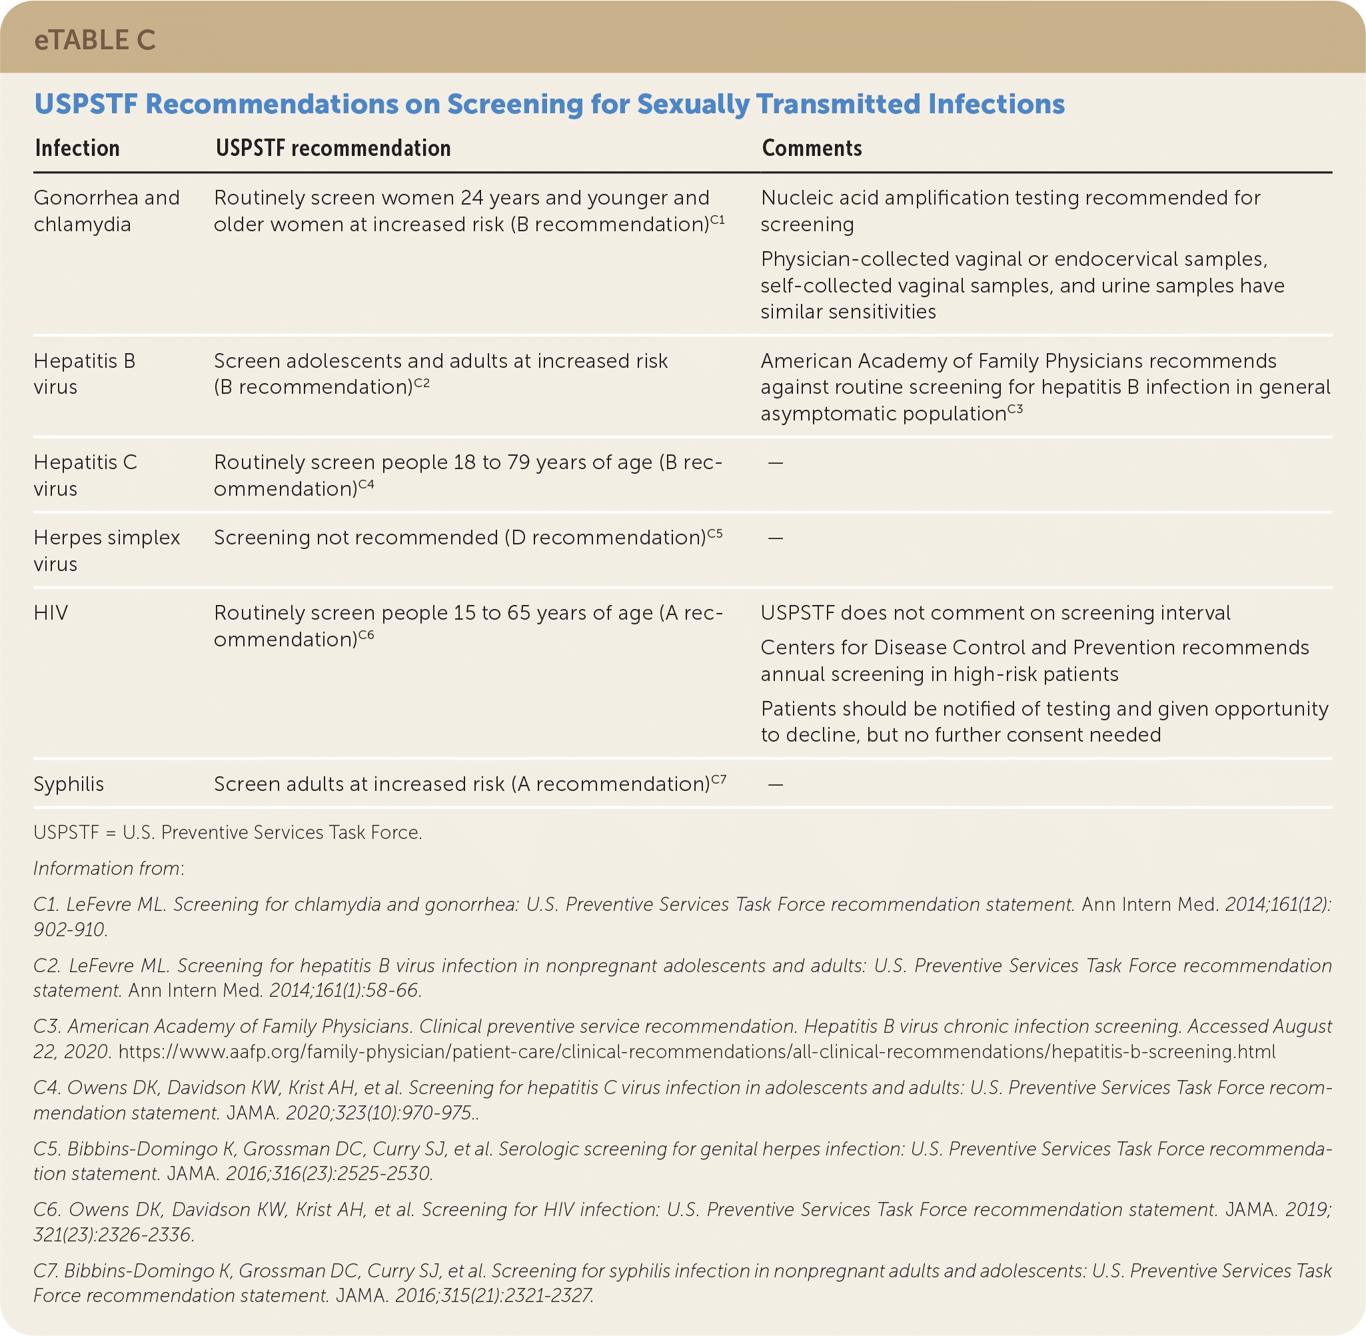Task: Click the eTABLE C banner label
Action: [x=95, y=41]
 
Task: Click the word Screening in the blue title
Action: [x=514, y=104]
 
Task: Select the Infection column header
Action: [x=77, y=148]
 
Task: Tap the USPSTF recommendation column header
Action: [x=333, y=148]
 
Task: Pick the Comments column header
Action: [x=812, y=148]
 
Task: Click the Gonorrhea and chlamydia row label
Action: [x=106, y=211]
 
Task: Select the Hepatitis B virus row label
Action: [x=84, y=373]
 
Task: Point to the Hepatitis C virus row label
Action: [x=85, y=475]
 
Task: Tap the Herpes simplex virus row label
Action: [x=106, y=550]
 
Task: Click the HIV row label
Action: [x=51, y=612]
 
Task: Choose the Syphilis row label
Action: [x=69, y=784]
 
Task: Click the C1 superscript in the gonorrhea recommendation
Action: [x=717, y=220]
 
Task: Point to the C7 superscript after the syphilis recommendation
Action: [x=718, y=779]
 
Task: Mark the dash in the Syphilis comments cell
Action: [x=775, y=784]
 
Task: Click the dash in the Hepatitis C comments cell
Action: [x=775, y=463]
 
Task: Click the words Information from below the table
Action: [x=108, y=868]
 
